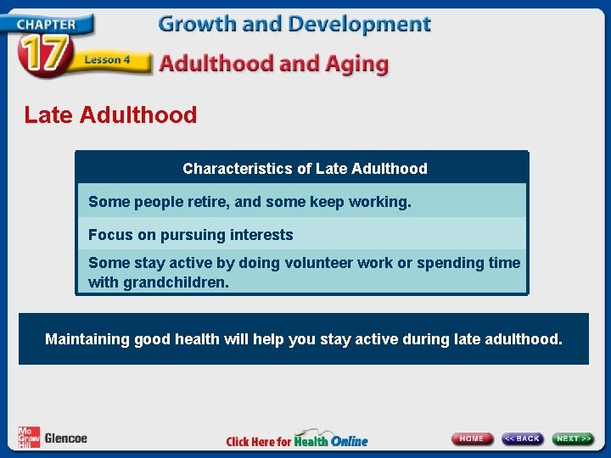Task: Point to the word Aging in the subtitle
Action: point(356,64)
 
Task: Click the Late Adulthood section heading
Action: point(110,114)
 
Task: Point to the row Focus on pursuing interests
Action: point(191,235)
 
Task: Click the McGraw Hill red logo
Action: point(29,438)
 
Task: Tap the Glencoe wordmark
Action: point(66,438)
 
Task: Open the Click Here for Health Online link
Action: point(297,440)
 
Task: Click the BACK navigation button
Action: point(522,438)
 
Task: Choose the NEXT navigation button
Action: point(574,438)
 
